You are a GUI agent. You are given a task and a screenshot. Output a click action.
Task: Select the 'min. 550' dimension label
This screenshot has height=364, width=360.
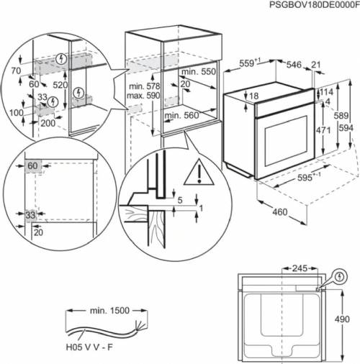click(x=198, y=73)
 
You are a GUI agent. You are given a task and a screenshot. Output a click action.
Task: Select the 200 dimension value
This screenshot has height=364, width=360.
click(x=48, y=123)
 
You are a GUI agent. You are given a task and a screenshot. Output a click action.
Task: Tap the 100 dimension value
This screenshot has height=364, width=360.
click(x=15, y=114)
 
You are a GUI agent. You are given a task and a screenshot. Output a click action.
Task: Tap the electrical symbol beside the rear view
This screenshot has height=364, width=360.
click(x=340, y=275)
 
